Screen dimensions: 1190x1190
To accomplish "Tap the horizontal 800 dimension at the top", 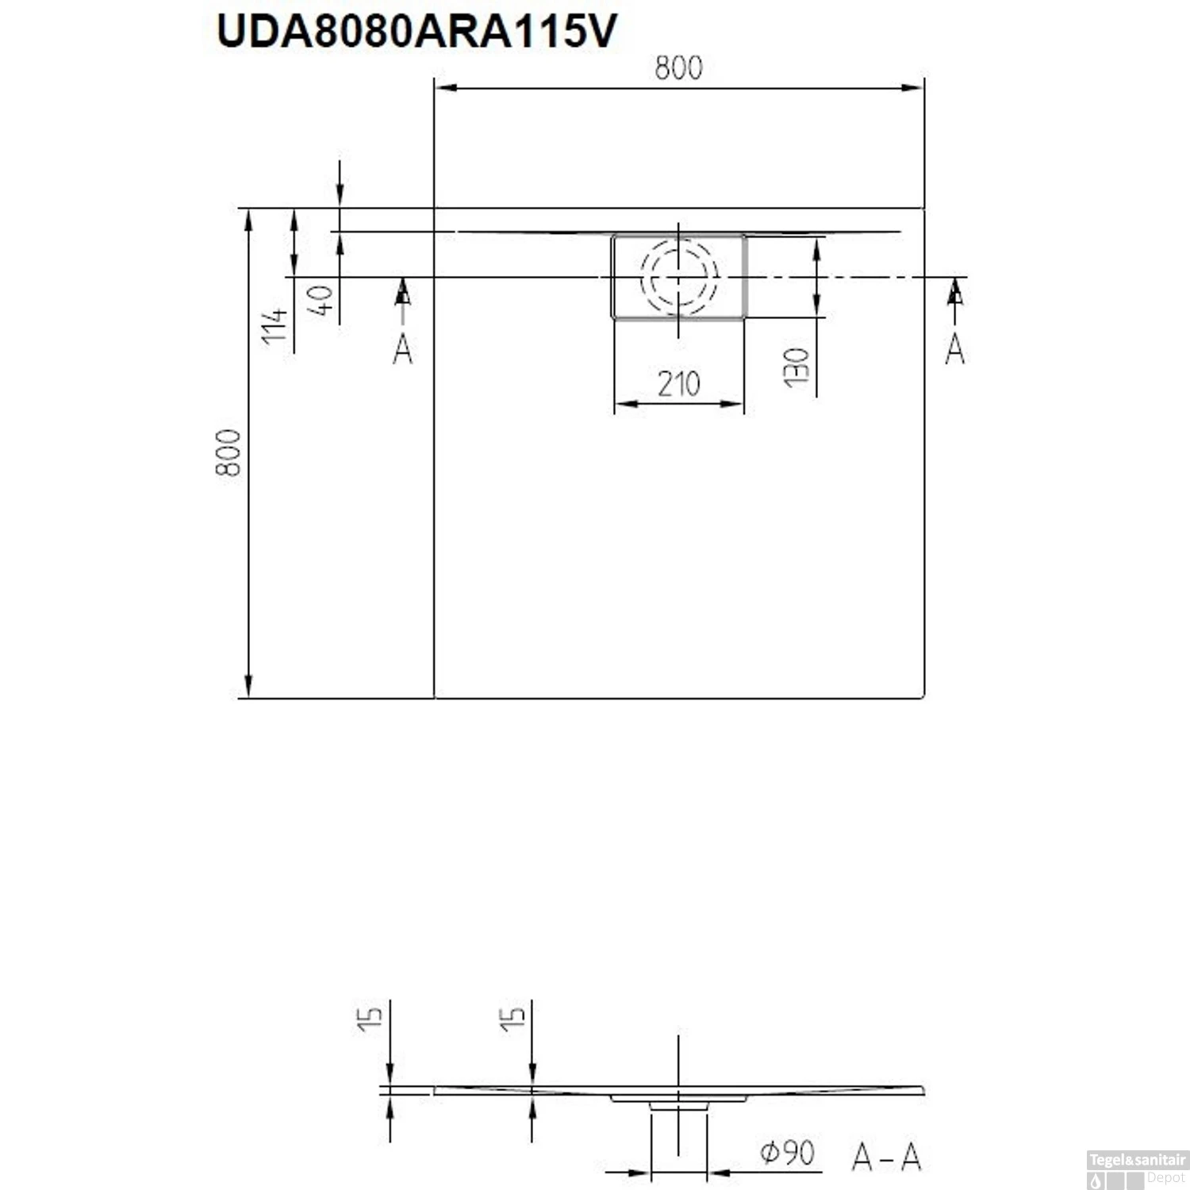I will pyautogui.click(x=678, y=69).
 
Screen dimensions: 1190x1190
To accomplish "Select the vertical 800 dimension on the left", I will pyautogui.click(x=228, y=452).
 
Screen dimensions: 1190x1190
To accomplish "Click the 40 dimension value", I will pyautogui.click(x=321, y=301).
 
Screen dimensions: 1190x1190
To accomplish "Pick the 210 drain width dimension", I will pyautogui.click(x=678, y=385).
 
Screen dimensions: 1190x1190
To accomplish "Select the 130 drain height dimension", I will pyautogui.click(x=797, y=367).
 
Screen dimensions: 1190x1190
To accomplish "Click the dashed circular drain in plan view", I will pyautogui.click(x=678, y=277).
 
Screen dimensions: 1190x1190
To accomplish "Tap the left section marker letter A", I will pyautogui.click(x=403, y=349).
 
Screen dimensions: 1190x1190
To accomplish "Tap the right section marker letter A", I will pyautogui.click(x=955, y=349).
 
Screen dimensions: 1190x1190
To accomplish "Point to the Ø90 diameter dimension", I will pyautogui.click(x=787, y=1152).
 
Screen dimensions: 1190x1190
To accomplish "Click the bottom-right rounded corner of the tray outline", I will pyautogui.click(x=923, y=697).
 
